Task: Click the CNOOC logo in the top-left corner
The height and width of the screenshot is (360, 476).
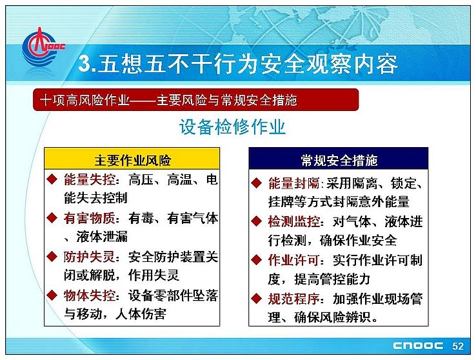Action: click(43, 47)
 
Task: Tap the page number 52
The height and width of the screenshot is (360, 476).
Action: click(458, 346)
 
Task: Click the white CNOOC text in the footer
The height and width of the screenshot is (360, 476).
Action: click(418, 346)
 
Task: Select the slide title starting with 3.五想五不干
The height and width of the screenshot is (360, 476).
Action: click(238, 64)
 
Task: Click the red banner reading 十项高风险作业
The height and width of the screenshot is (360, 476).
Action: click(196, 99)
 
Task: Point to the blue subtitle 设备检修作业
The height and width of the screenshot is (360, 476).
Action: click(232, 126)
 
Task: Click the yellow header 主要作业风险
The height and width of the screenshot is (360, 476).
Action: click(132, 159)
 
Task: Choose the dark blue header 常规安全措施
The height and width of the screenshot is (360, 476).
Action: click(339, 159)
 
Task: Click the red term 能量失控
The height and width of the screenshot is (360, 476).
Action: click(90, 180)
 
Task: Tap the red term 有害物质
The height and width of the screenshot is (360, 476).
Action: click(90, 218)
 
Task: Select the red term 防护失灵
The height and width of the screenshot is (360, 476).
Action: click(90, 257)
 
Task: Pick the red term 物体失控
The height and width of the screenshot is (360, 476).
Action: click(90, 295)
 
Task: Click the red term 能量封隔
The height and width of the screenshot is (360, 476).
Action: click(293, 183)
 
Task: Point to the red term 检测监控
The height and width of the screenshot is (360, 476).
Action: click(293, 221)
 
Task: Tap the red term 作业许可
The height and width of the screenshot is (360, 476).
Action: click(293, 261)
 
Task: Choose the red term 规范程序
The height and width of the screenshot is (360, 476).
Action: click(293, 299)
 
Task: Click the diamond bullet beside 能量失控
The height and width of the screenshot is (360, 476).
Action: click(52, 179)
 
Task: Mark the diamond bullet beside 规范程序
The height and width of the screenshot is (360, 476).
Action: click(257, 299)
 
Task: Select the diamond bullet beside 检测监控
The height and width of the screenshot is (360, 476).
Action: click(257, 221)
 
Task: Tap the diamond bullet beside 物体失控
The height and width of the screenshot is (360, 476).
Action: click(52, 295)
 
